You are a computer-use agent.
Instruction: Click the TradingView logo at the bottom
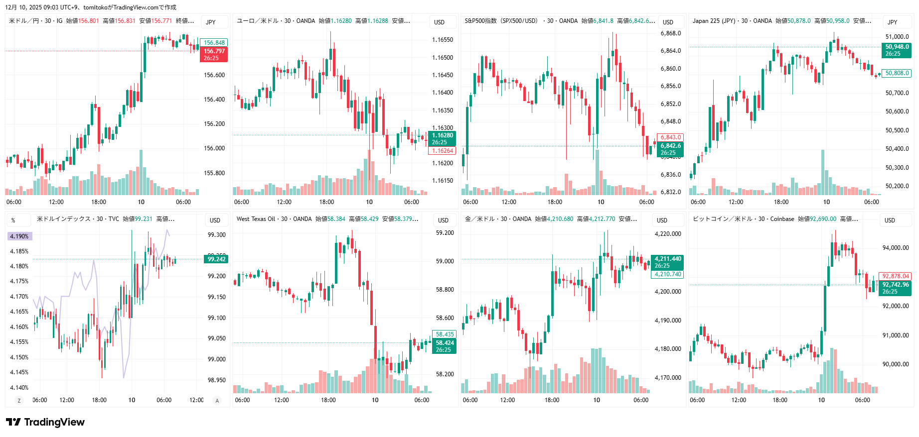[x=45, y=422]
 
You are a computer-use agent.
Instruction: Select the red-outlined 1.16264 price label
[x=442, y=151]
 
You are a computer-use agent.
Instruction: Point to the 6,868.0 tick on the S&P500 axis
[x=670, y=33]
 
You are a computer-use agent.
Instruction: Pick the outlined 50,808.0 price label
[x=897, y=73]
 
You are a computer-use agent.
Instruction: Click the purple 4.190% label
[x=19, y=236]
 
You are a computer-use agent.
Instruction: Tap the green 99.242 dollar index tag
[x=216, y=259]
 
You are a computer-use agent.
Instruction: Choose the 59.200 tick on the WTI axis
[x=445, y=233]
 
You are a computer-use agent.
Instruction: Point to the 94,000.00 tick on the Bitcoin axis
[x=896, y=248]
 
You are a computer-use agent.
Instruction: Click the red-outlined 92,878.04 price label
[x=896, y=276]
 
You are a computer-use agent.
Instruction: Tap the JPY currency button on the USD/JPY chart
[x=211, y=22]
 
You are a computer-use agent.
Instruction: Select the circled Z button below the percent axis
[x=19, y=401]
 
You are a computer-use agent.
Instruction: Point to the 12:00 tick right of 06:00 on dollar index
[x=196, y=400]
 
